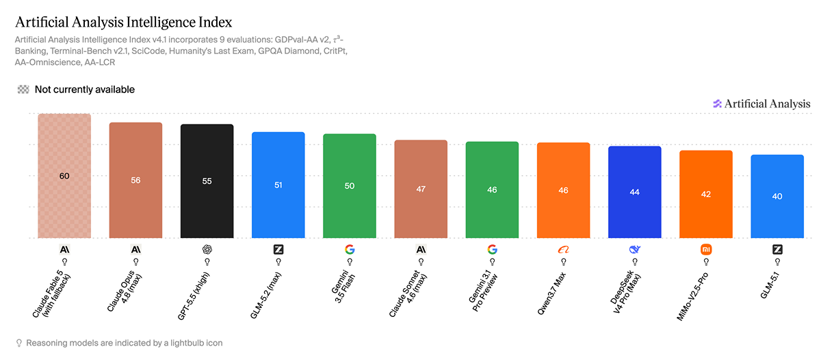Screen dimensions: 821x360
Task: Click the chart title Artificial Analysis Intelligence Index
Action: pyautogui.click(x=124, y=23)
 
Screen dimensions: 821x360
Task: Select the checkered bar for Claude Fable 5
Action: pyautogui.click(x=64, y=176)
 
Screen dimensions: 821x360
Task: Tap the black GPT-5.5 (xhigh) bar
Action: pyautogui.click(x=207, y=181)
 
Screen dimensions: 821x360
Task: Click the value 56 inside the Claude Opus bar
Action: pyautogui.click(x=135, y=181)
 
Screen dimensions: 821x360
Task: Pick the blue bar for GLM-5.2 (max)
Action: pyautogui.click(x=278, y=185)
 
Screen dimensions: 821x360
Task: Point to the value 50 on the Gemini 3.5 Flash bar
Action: pyautogui.click(x=350, y=186)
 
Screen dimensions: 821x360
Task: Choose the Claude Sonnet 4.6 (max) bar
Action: pyautogui.click(x=421, y=189)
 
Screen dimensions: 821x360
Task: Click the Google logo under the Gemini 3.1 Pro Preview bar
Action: pyautogui.click(x=492, y=250)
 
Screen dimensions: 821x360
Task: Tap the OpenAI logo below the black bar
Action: pyautogui.click(x=207, y=250)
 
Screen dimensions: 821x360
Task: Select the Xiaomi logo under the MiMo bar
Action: pyautogui.click(x=706, y=250)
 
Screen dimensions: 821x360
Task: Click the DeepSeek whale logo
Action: pyautogui.click(x=635, y=250)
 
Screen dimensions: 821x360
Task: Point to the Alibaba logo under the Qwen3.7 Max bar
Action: pyautogui.click(x=563, y=250)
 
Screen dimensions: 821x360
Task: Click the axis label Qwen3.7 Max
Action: pyautogui.click(x=551, y=294)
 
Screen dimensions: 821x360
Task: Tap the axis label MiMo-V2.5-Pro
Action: pyautogui.click(x=692, y=297)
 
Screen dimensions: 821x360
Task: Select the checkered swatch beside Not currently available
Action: pyautogui.click(x=23, y=90)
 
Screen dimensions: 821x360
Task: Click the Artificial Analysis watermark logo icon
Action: pyautogui.click(x=717, y=104)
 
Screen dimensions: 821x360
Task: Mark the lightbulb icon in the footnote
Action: pyautogui.click(x=19, y=343)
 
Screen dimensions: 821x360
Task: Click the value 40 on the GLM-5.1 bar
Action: pyautogui.click(x=777, y=196)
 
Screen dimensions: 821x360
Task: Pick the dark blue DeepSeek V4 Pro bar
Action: pyautogui.click(x=635, y=192)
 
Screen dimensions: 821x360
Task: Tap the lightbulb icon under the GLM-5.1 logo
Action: pyautogui.click(x=777, y=261)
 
